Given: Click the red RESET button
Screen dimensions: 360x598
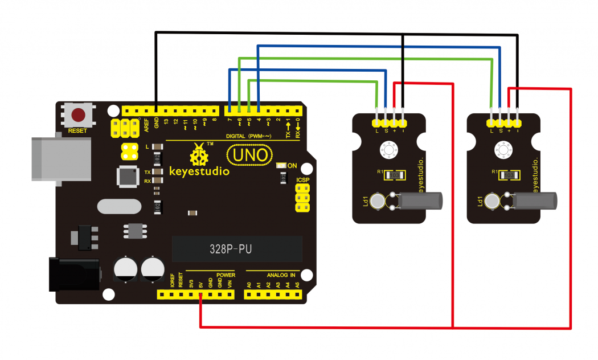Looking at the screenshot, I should tap(78, 115).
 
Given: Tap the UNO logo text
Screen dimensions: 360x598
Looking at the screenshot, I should tap(249, 154).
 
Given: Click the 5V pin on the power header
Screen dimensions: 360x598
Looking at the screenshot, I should tap(200, 295).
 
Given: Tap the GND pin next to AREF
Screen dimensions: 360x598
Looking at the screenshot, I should tap(155, 110).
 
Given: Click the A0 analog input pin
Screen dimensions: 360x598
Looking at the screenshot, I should tap(249, 295).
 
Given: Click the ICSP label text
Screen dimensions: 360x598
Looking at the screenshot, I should tap(303, 181).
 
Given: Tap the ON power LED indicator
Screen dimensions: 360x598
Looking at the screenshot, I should tap(281, 165).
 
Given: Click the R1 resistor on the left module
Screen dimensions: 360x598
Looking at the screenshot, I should tap(396, 175).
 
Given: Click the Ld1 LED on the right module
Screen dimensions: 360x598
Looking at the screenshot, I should tap(491, 201).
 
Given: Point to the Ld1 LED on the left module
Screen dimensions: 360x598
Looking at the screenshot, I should tap(376, 201).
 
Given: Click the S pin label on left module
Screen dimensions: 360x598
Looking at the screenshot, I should tap(386, 131).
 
